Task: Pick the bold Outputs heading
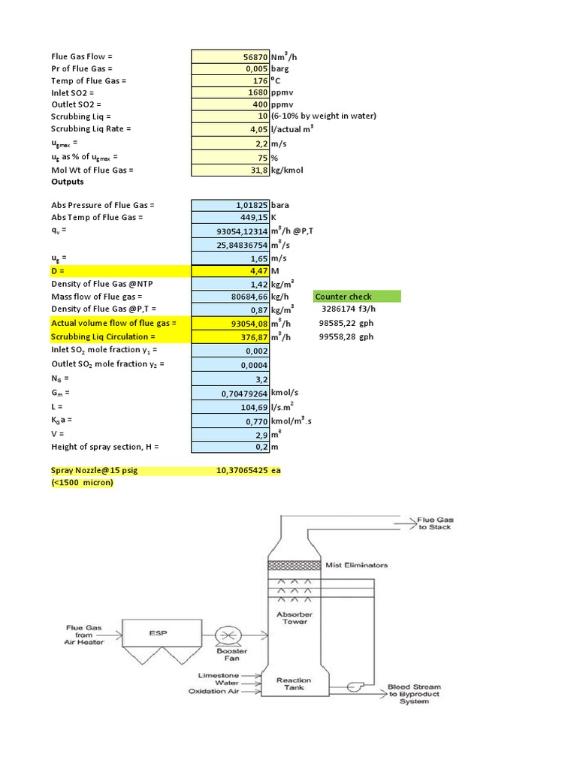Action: pos(68,182)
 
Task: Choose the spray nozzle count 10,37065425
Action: pos(242,470)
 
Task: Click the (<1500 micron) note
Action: pos(83,482)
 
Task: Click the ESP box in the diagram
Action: pos(157,633)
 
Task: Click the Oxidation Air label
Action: pos(217,692)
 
